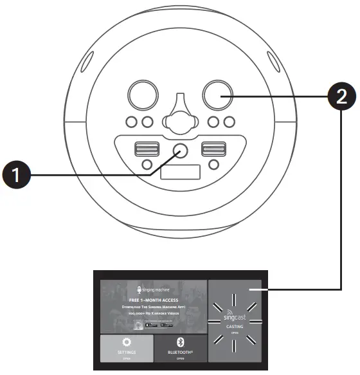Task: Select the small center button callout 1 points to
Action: point(179,150)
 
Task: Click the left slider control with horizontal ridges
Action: point(145,149)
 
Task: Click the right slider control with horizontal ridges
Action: point(213,149)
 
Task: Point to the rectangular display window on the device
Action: point(179,171)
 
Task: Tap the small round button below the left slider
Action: point(147,165)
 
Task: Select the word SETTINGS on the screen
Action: point(126,352)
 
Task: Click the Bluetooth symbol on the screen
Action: point(180,342)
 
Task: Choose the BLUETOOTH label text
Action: point(180,352)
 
